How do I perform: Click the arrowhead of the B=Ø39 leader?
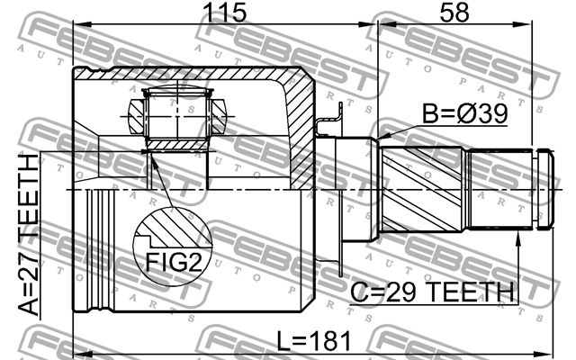pos(383,136)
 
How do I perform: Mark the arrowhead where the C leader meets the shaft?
pos(519,237)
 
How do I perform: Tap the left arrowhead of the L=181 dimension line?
pos(76,351)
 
